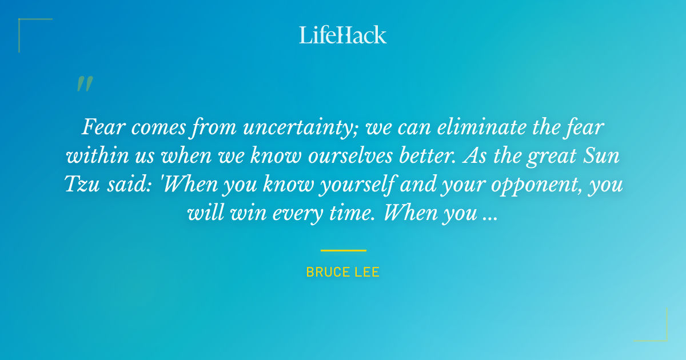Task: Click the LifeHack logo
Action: tap(343, 35)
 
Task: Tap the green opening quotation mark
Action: tap(84, 84)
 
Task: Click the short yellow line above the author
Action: tap(343, 250)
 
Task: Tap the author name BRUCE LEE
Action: tap(343, 273)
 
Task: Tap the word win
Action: tap(237, 214)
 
